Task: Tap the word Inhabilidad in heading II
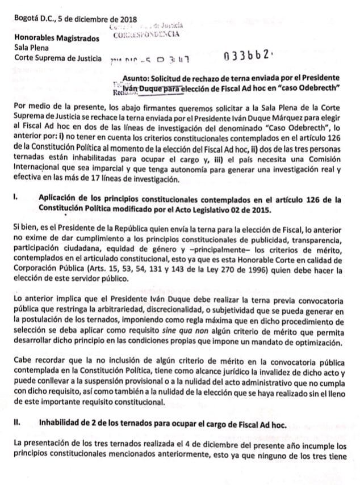[x=61, y=422]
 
